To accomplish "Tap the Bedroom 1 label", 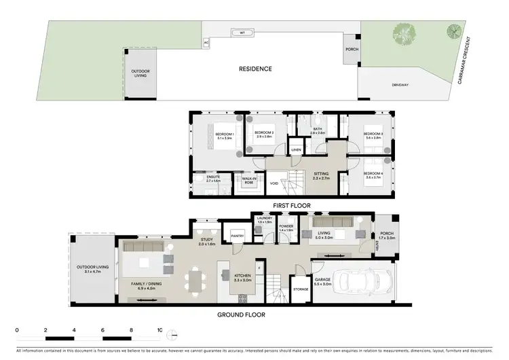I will [x=223, y=134].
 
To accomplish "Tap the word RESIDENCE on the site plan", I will [x=255, y=69].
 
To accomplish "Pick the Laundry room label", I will [x=265, y=219].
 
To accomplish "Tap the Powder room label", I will [x=286, y=227].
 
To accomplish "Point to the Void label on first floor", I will [x=274, y=183].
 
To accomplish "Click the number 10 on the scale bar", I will [x=160, y=329].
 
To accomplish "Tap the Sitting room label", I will [x=320, y=175].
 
